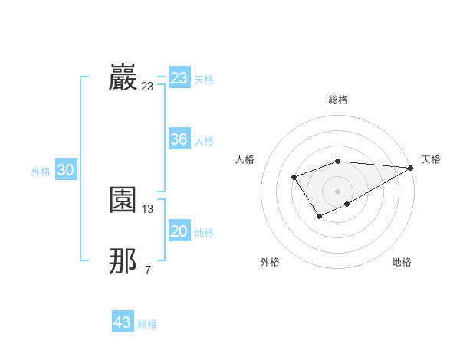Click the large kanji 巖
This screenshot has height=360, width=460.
coord(123,78)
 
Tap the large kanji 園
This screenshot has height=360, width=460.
coord(123,201)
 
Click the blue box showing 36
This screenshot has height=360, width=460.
coord(179,139)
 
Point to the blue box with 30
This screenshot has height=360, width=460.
coord(65,171)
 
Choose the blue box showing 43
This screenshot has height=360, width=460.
coord(123,322)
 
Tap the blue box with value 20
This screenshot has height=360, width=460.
coord(179,231)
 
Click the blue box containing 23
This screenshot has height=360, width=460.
coord(179,78)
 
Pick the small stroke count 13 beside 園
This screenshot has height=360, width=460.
coord(148,209)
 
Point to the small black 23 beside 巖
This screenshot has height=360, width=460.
coord(147,87)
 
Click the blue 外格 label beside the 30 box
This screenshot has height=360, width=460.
coord(41,172)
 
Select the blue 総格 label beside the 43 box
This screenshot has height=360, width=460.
coord(147,324)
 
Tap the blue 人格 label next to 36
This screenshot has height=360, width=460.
coord(204,141)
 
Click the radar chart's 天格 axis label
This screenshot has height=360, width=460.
coord(431,159)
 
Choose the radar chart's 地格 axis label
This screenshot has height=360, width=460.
coord(402,262)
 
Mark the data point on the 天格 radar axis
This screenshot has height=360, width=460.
coord(411,168)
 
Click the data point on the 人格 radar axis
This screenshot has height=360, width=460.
coord(294,178)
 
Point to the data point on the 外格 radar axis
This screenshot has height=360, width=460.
coord(319,218)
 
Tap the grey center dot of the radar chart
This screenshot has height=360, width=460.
coord(337,191)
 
